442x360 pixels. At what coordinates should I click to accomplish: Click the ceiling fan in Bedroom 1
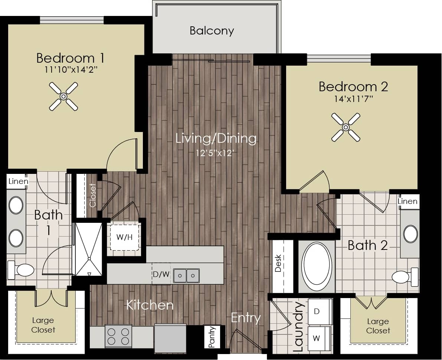click(63, 96)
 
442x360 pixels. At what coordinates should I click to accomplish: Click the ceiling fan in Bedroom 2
click(346, 127)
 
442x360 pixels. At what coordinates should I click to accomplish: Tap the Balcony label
click(212, 30)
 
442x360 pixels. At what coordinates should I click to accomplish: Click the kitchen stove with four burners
click(118, 336)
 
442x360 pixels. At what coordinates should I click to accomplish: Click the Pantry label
click(212, 337)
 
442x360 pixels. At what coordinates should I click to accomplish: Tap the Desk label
click(278, 263)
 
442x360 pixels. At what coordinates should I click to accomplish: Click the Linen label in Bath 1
click(18, 181)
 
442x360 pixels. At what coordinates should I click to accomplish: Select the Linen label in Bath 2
click(407, 201)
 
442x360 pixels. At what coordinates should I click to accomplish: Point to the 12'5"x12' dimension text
click(215, 153)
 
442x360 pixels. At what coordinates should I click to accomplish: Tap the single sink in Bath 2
click(410, 234)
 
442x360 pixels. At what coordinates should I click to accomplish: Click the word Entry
click(246, 318)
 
